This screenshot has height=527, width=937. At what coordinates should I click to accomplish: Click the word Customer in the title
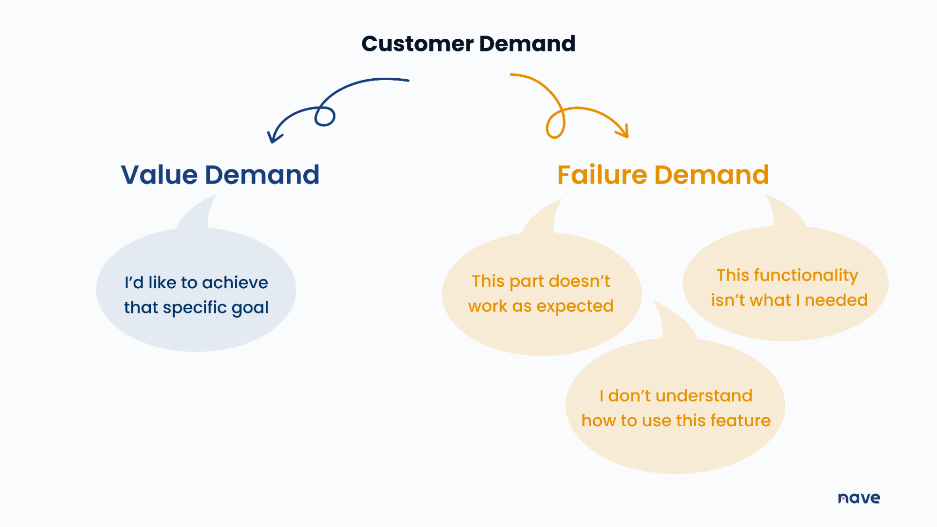click(x=417, y=44)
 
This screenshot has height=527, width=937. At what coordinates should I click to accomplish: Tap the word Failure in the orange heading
click(x=602, y=175)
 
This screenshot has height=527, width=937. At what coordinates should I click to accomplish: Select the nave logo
click(x=859, y=498)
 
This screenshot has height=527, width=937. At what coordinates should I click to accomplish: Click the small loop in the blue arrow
click(x=325, y=117)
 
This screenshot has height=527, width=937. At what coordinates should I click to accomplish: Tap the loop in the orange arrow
click(x=555, y=125)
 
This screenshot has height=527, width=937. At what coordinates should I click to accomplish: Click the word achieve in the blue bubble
click(x=235, y=283)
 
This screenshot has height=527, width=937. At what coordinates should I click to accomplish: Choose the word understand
click(x=704, y=396)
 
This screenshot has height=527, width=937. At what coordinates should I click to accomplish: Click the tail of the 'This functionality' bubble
click(x=785, y=213)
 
